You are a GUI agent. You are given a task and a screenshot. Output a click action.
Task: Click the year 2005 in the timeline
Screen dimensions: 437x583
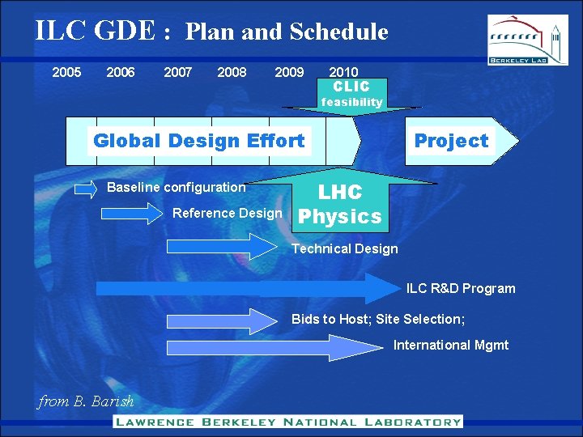click(66, 72)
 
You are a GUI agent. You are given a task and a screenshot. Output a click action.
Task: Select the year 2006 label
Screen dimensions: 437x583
click(121, 72)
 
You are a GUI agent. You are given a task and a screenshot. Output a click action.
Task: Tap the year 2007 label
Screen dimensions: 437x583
click(178, 72)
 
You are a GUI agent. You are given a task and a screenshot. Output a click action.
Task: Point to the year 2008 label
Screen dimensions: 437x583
click(232, 72)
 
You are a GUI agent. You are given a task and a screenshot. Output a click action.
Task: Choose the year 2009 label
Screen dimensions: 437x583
click(289, 72)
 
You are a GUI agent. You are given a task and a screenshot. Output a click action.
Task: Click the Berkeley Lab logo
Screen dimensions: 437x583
click(527, 40)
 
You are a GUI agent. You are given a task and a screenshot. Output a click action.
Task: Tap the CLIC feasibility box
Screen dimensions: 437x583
click(351, 94)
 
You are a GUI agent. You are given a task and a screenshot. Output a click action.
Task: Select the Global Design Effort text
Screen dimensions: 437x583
click(198, 141)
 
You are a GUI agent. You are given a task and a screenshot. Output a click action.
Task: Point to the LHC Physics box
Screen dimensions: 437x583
click(340, 204)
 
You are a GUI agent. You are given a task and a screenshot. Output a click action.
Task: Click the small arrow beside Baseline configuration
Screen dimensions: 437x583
click(86, 189)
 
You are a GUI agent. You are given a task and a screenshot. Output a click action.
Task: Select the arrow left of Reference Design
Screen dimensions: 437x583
click(131, 214)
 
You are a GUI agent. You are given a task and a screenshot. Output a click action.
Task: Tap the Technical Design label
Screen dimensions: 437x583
click(344, 249)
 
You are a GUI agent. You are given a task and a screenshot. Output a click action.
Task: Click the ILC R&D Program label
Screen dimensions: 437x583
click(460, 289)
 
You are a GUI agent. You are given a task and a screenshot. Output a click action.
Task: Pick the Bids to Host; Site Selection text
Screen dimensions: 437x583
click(378, 319)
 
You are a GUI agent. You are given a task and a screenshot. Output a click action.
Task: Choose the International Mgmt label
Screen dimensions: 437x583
click(451, 346)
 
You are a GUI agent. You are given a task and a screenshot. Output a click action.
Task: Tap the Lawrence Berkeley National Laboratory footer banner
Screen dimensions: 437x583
click(287, 422)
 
